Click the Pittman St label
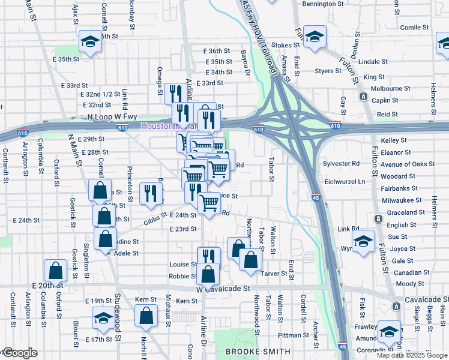(x=293, y=335)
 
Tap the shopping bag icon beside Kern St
(x=146, y=316)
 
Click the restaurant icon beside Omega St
(x=175, y=93)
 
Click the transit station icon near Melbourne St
(x=363, y=96)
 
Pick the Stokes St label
(x=285, y=45)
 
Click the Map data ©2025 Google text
(x=411, y=355)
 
